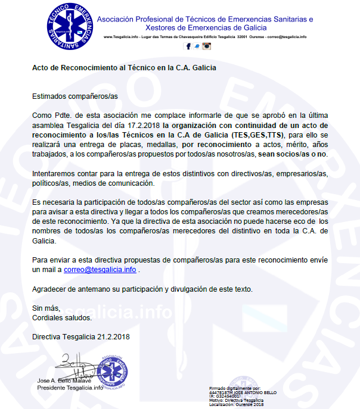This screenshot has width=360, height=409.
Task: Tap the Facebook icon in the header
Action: pos(188,46)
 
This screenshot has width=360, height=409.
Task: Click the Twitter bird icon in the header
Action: pos(196,46)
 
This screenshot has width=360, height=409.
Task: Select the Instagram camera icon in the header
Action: pos(206,46)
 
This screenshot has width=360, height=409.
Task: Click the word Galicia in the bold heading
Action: pos(203,68)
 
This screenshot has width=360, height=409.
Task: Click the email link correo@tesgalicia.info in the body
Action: pos(100,270)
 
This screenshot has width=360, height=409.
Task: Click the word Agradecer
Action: pos(49,289)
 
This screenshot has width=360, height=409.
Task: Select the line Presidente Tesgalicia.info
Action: pos(70,388)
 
